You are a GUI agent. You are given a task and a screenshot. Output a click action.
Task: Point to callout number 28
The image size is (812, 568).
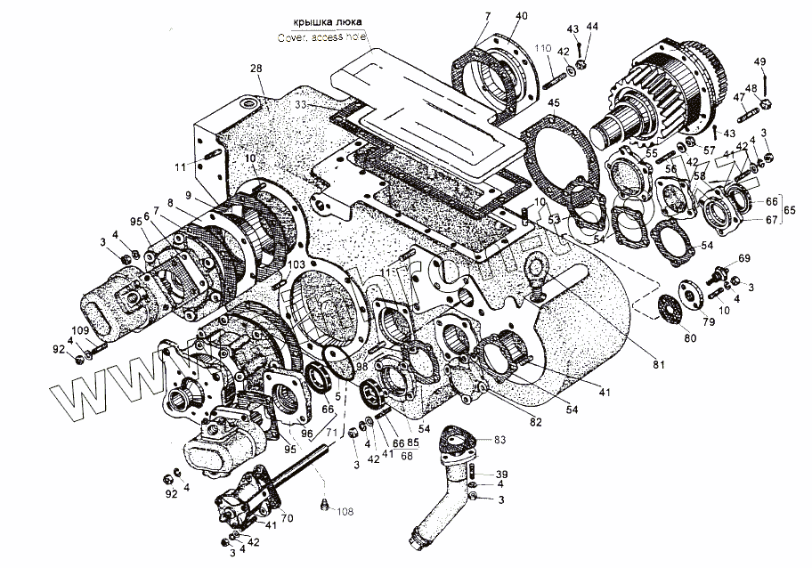pos(256,69)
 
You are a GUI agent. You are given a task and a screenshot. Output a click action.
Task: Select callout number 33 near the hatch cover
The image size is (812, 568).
pos(302,105)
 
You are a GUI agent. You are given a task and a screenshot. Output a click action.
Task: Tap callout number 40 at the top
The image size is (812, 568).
pos(521,16)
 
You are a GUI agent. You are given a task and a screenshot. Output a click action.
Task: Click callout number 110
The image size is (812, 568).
pos(543,47)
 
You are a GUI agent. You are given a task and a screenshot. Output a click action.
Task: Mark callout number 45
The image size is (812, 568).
pos(554,103)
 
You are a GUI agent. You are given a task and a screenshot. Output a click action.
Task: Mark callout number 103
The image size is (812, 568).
pos(272,265)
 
